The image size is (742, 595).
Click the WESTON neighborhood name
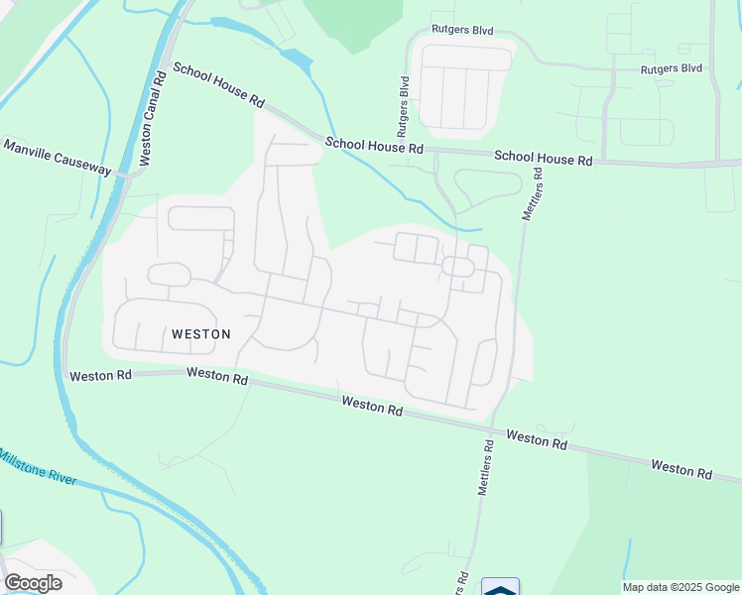(201, 334)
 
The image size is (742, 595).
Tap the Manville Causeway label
(58, 157)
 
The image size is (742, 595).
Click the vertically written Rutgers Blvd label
(403, 106)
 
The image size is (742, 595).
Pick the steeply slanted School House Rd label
(219, 85)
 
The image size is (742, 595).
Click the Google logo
(33, 583)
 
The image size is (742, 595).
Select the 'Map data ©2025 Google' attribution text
(680, 587)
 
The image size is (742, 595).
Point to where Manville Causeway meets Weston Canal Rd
(127, 176)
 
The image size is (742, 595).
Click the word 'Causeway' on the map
(82, 162)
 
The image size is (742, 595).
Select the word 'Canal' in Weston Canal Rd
(152, 117)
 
